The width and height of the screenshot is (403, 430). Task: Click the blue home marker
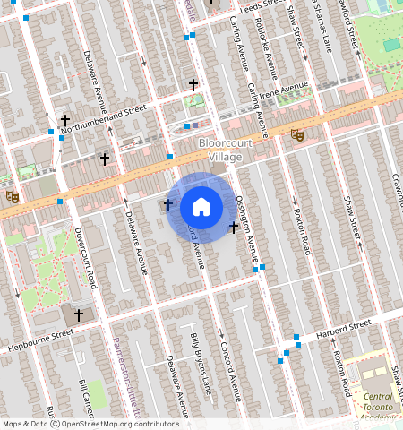point(201,207)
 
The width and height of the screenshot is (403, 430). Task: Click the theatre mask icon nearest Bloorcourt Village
point(296,134)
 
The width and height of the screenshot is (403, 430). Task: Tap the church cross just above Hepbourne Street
point(79,314)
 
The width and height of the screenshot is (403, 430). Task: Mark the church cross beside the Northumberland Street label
point(64,119)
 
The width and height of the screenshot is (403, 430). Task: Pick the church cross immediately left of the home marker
point(167,205)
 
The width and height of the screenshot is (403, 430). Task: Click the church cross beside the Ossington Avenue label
point(233,228)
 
